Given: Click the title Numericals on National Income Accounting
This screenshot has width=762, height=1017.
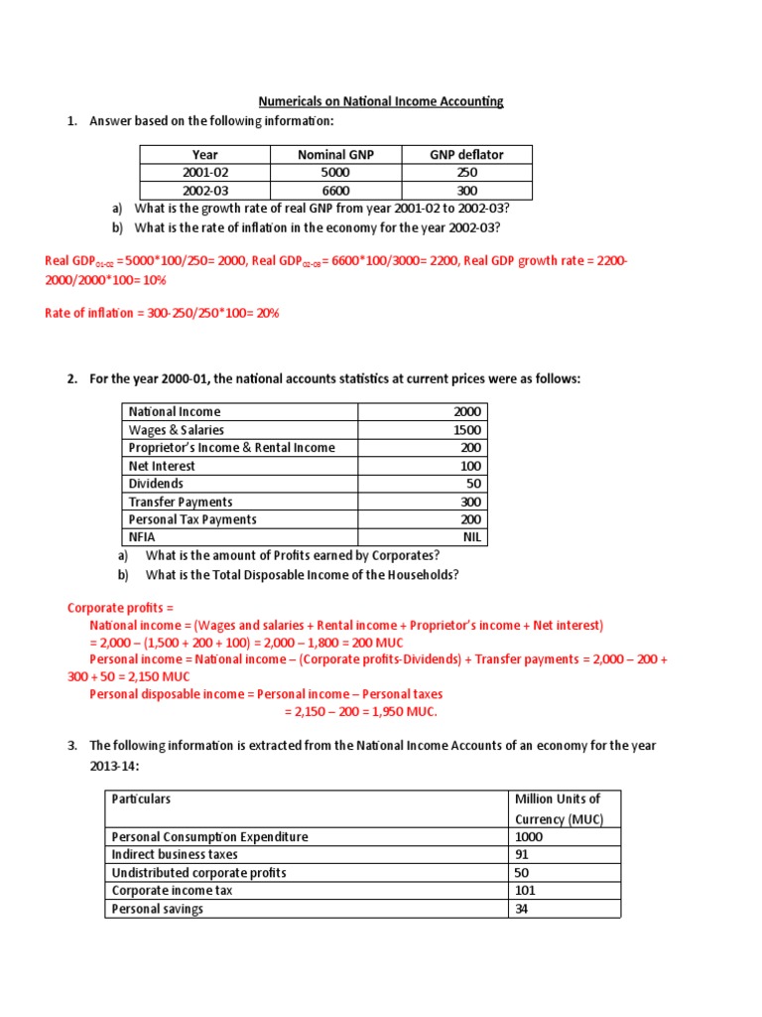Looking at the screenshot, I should [x=381, y=101].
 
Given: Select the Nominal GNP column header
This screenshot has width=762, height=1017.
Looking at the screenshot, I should [x=336, y=154].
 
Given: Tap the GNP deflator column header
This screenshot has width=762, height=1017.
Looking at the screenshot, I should [x=466, y=154].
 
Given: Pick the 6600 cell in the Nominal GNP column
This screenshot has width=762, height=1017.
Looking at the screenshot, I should [x=336, y=191].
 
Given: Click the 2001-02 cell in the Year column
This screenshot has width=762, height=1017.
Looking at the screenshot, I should [x=205, y=172].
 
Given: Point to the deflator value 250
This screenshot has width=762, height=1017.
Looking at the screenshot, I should [x=466, y=172].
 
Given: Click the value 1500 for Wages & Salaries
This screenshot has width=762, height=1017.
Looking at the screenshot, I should [x=466, y=430].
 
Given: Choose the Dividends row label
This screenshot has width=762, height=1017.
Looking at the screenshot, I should [x=156, y=484].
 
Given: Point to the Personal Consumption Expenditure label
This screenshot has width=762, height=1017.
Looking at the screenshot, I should [x=209, y=836].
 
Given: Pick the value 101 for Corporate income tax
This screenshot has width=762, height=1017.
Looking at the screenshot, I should [x=525, y=890].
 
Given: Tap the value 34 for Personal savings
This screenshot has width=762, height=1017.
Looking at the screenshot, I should [x=522, y=908].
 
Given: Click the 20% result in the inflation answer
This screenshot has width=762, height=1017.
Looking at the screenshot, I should [x=265, y=313].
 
